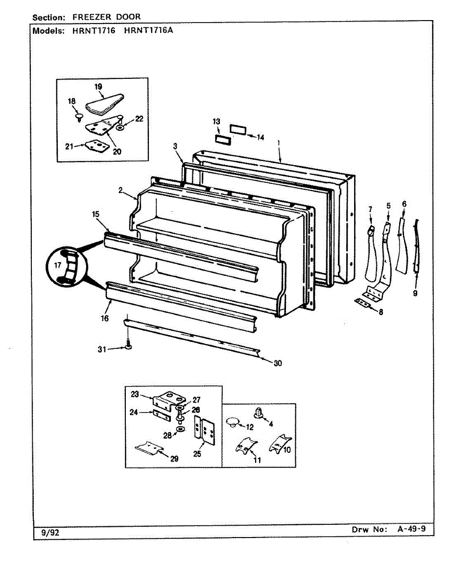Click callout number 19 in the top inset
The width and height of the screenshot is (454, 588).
[98, 87]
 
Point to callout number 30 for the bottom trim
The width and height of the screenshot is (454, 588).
[278, 363]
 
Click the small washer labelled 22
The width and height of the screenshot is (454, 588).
[120, 127]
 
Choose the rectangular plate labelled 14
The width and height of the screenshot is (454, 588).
[237, 129]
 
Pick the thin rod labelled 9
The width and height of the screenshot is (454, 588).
[416, 245]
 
